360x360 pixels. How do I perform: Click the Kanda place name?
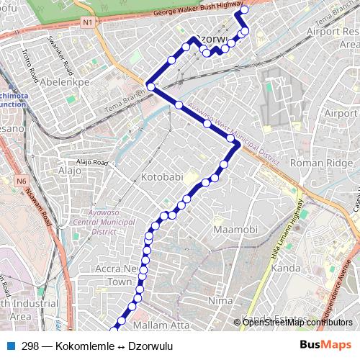(x=286, y=268)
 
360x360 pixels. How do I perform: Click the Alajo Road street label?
(x=91, y=163)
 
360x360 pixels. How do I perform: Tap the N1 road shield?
(x=86, y=22)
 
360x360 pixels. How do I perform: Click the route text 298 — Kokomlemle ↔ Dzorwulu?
(x=96, y=346)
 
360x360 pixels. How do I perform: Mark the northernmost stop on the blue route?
(x=243, y=10)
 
